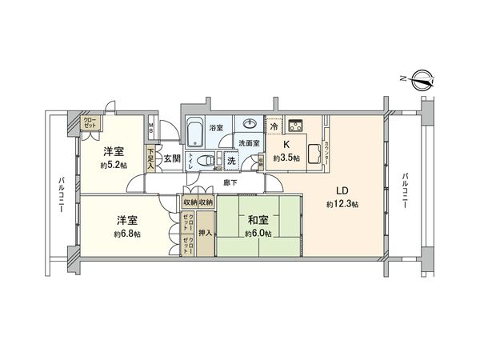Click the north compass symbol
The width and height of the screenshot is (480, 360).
pyautogui.click(x=422, y=78)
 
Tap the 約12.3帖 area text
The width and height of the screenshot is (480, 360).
pyautogui.click(x=342, y=205)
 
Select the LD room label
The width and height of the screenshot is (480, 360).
pyautogui.click(x=341, y=191)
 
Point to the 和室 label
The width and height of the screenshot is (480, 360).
pyautogui.click(x=257, y=219)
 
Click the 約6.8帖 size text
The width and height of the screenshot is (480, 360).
pyautogui.click(x=126, y=234)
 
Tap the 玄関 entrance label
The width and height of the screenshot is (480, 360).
pyautogui.click(x=172, y=158)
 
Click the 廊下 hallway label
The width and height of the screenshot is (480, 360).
pyautogui.click(x=230, y=183)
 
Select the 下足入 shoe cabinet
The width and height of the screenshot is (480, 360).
pyautogui.click(x=150, y=158)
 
